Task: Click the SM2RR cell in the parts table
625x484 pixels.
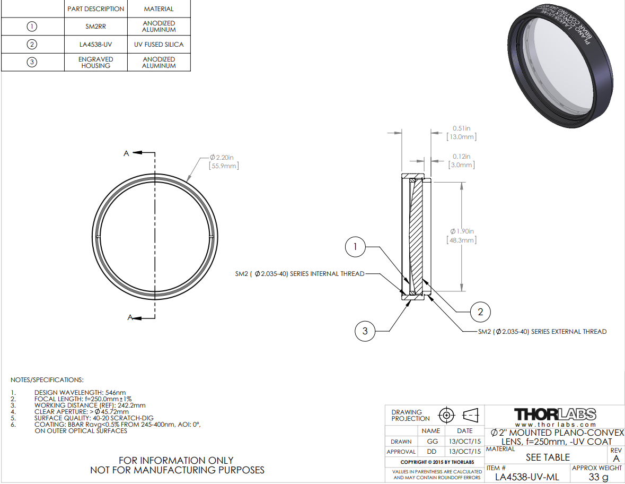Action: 95,27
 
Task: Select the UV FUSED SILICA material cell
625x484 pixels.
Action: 159,44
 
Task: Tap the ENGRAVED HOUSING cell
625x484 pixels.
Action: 95,62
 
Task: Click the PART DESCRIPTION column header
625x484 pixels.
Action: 95,9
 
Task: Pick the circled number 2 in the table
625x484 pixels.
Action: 32,44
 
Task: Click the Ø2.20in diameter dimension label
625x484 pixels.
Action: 224,162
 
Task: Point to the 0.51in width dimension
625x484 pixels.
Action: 462,133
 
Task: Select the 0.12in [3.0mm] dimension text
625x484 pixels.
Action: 462,160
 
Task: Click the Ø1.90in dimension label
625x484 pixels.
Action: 462,236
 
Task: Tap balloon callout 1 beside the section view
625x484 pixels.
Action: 355,247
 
